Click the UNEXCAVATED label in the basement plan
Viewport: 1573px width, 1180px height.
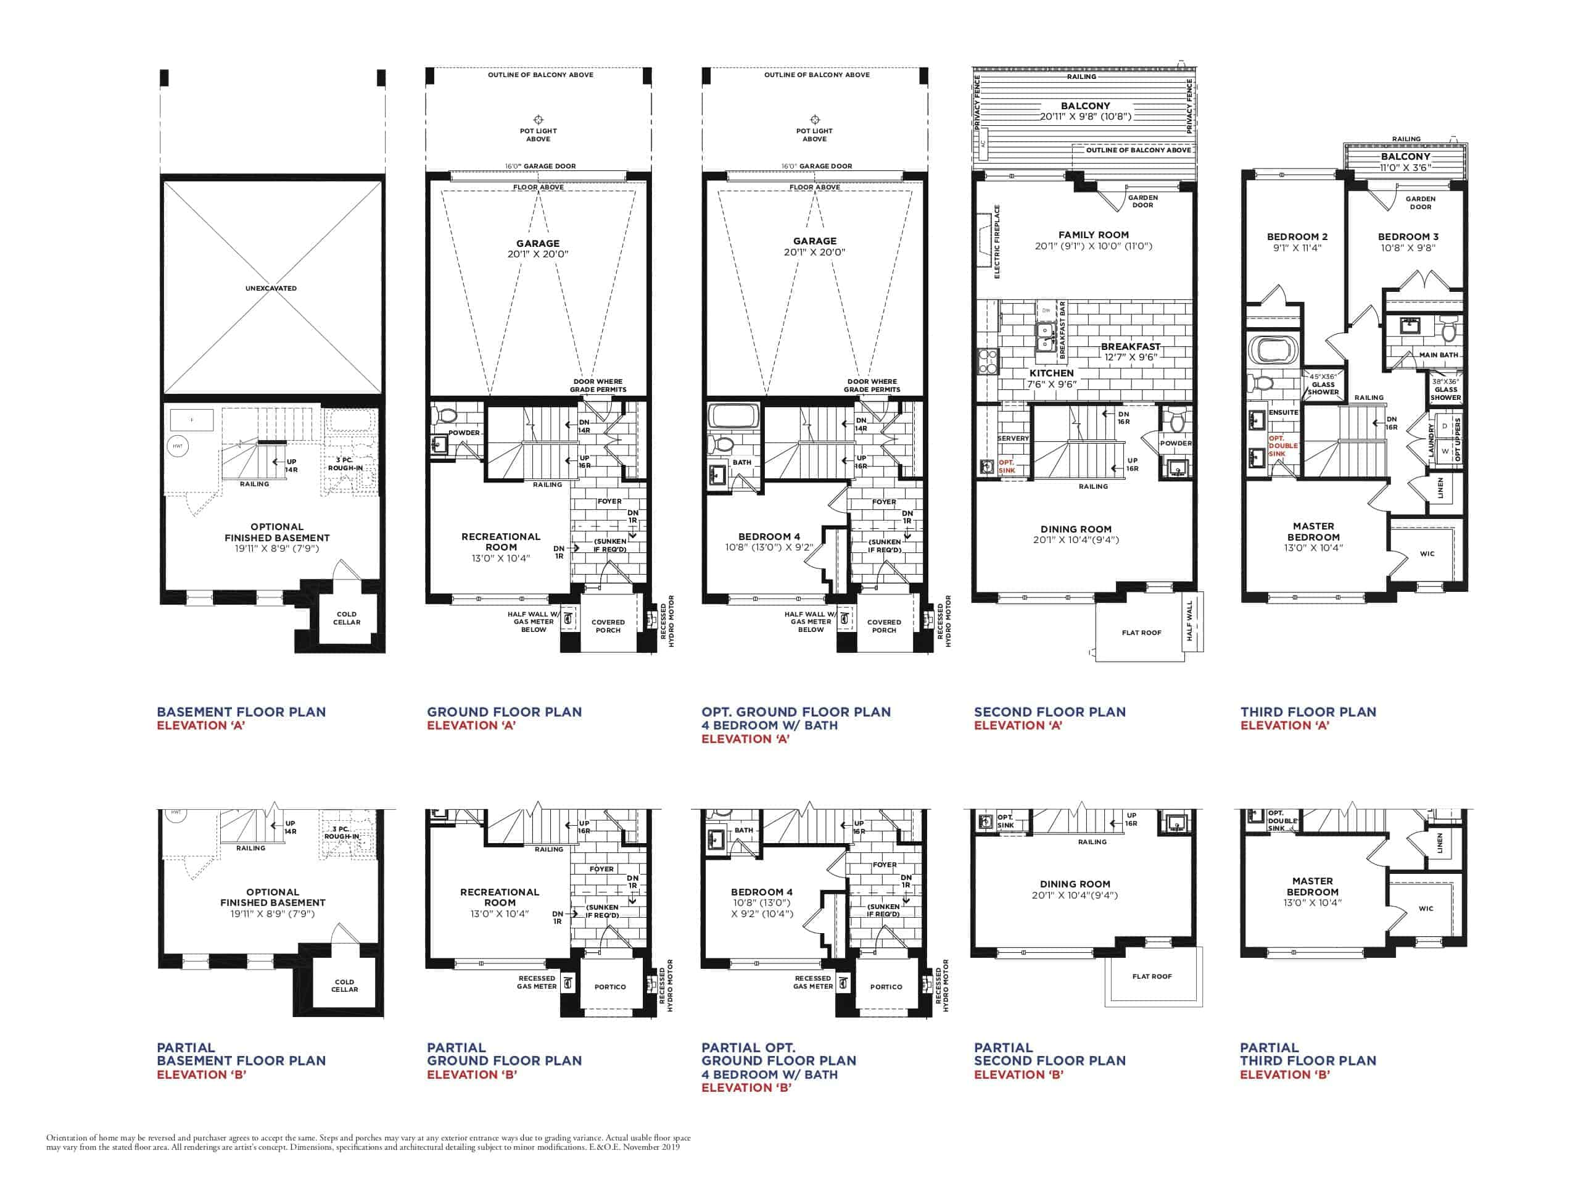pyautogui.click(x=271, y=288)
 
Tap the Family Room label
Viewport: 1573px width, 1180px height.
pyautogui.click(x=1093, y=235)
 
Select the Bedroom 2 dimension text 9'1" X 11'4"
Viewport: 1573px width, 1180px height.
pyautogui.click(x=1297, y=248)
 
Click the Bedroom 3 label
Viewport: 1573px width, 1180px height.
pyautogui.click(x=1407, y=237)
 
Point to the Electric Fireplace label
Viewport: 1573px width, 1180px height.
pyautogui.click(x=997, y=242)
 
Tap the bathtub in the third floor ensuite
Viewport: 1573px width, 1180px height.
pyautogui.click(x=1273, y=351)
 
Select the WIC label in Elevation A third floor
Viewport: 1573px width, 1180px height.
pyautogui.click(x=1427, y=554)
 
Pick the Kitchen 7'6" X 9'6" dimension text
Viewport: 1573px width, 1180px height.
pyautogui.click(x=1051, y=384)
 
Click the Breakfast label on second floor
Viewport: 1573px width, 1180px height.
pyautogui.click(x=1131, y=346)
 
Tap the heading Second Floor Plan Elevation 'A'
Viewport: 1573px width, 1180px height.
pyautogui.click(x=1050, y=718)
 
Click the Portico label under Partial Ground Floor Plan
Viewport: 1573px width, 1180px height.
pyautogui.click(x=609, y=987)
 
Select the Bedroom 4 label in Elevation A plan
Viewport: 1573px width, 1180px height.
pyautogui.click(x=769, y=536)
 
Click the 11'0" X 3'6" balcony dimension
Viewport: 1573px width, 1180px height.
pyautogui.click(x=1405, y=168)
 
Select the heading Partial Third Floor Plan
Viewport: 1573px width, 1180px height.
pyautogui.click(x=1307, y=1054)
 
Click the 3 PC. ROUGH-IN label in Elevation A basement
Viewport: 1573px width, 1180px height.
pyautogui.click(x=345, y=463)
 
